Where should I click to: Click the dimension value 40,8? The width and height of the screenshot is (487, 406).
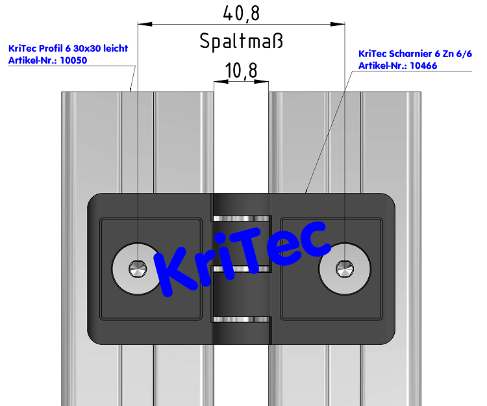[x=241, y=13]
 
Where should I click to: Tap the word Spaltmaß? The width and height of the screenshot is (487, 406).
[x=241, y=42]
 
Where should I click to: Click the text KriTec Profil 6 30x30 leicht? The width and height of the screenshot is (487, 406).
[x=68, y=48]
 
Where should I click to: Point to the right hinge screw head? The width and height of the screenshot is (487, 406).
[x=344, y=268]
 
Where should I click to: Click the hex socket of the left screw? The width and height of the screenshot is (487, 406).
[x=137, y=268]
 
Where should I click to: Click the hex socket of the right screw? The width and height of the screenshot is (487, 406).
[x=344, y=268]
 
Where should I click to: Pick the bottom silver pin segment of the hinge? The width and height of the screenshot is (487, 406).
[x=241, y=318]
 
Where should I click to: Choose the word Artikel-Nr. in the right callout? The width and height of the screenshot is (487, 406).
[x=381, y=66]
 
